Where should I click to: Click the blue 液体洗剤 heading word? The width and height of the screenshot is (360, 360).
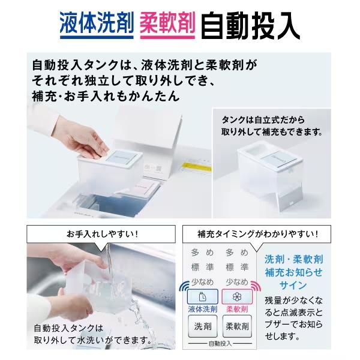click(x=97, y=23)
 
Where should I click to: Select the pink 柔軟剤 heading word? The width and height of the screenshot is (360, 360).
click(x=167, y=23)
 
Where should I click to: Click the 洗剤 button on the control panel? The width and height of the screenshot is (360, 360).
click(x=203, y=326)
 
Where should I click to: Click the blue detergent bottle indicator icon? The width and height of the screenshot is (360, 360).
click(x=203, y=297)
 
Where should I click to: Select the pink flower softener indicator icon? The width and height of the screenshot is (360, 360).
click(x=237, y=297)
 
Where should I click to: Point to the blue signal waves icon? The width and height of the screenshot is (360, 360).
click(x=184, y=286)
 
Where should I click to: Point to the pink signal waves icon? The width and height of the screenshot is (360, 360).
click(x=256, y=286)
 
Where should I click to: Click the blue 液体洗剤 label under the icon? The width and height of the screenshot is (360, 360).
click(x=203, y=309)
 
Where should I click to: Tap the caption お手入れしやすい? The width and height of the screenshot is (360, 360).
click(x=103, y=234)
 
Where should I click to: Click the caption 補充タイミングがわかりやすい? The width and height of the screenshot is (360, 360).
click(x=258, y=234)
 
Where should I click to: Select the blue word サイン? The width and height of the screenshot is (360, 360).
click(x=293, y=286)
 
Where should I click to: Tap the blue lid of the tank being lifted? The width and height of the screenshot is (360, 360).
click(x=121, y=157)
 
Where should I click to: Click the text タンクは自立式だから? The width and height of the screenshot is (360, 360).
click(x=263, y=120)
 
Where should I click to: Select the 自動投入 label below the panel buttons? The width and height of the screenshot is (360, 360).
click(x=220, y=344)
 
